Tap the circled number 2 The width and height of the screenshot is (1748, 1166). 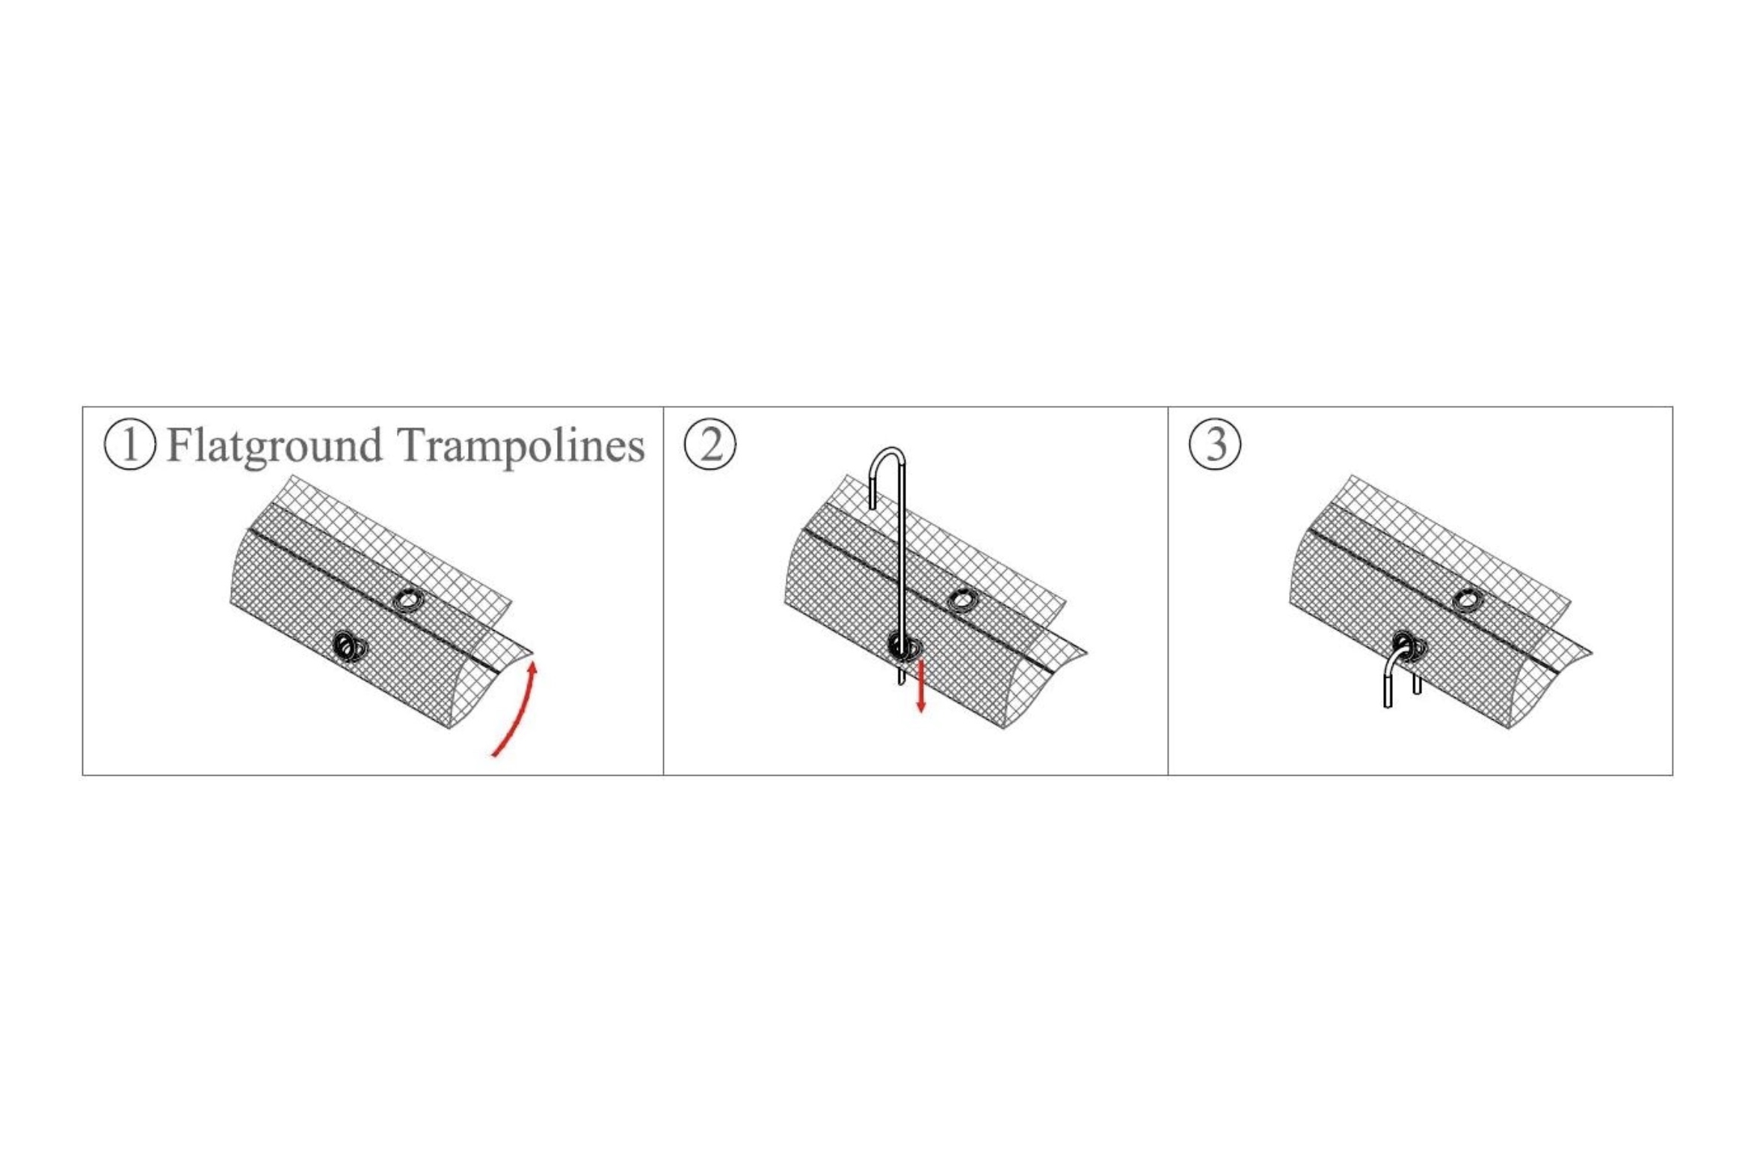pos(710,444)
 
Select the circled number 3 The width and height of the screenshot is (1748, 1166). pos(1215,444)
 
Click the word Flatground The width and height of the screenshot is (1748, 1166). pos(274,446)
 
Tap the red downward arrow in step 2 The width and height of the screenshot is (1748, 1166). pos(921,685)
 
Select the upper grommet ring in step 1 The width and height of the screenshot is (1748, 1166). pos(408,600)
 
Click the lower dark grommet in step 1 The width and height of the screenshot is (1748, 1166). pos(349,647)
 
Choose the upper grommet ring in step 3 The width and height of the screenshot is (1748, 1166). pos(1468,600)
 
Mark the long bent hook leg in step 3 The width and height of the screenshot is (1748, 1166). pos(1389,676)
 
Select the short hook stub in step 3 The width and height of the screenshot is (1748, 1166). pos(1417,683)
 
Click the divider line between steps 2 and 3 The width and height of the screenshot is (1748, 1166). pos(1168,590)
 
